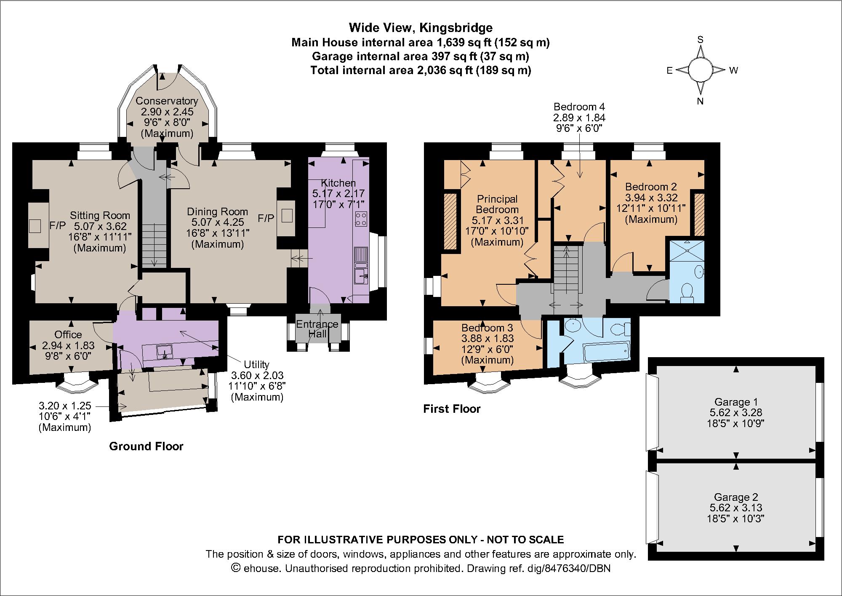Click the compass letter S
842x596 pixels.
701,40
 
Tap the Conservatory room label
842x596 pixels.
167,101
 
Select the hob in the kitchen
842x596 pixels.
361,219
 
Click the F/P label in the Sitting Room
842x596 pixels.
57,225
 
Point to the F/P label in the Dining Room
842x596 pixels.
266,218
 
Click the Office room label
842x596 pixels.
68,334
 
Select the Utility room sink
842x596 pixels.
165,351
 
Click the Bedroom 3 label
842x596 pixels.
487,328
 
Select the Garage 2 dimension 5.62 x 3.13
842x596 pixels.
736,508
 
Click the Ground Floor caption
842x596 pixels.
146,446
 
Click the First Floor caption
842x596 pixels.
452,409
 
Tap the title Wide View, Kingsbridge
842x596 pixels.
421,28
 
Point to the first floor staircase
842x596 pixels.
567,270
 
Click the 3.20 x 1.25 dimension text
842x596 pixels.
65,406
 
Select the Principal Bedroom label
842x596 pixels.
497,204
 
